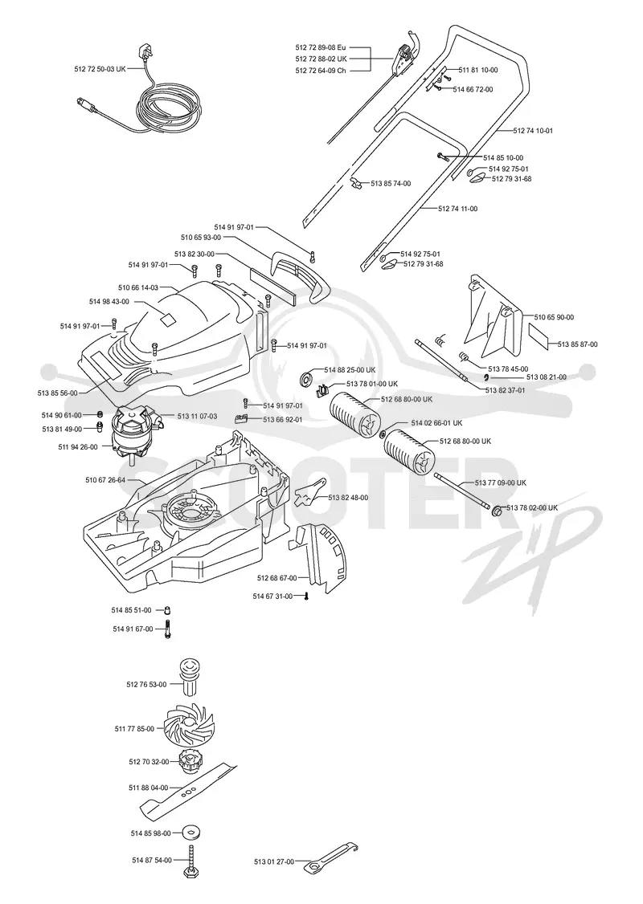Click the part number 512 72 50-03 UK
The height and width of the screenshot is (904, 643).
pos(100,68)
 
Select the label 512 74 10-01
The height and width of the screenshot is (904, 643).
pos(534,131)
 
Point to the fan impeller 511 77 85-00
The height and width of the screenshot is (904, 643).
pos(187,727)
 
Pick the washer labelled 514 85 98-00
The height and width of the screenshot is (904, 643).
pos(189,833)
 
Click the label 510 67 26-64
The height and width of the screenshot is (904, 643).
pos(105,479)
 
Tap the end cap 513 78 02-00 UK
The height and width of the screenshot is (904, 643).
pos(496,511)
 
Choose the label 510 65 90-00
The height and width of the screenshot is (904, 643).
pos(554,317)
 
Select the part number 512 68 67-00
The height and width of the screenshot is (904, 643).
pos(277,578)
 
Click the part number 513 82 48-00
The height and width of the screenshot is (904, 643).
pos(348,498)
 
